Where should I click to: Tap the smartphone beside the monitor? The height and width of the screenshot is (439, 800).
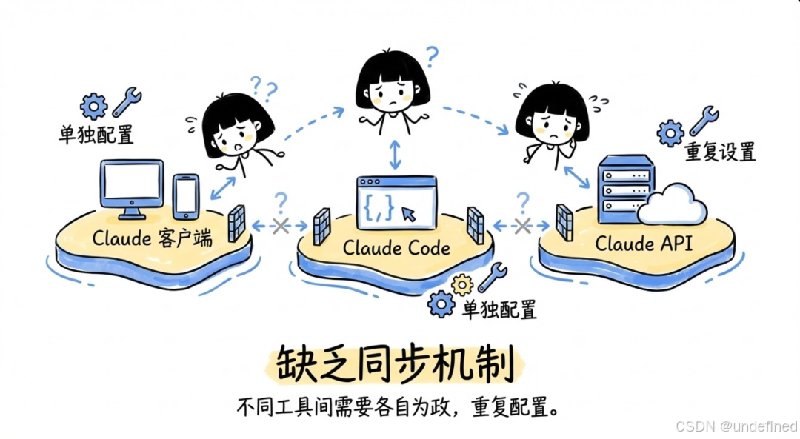(185, 196)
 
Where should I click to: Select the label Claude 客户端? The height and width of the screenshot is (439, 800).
(152, 238)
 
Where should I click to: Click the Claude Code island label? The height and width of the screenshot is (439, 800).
(396, 247)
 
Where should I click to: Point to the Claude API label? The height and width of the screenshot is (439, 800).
(644, 243)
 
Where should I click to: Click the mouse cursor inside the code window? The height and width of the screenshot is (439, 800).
(409, 214)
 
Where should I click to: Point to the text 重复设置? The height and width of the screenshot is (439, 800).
(720, 153)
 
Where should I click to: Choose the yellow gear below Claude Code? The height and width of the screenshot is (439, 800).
(462, 284)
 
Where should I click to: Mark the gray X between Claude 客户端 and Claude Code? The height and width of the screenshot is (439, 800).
(280, 226)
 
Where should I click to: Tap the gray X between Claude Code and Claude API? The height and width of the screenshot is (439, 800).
(523, 226)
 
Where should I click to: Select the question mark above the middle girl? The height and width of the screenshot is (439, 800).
(431, 56)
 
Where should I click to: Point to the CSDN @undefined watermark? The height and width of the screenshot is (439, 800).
(736, 427)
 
